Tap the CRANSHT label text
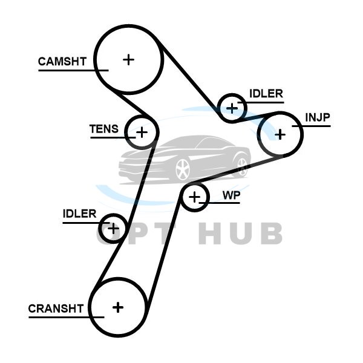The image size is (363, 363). (x=56, y=308)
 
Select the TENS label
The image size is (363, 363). (x=104, y=129)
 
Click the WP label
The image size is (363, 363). (x=231, y=195)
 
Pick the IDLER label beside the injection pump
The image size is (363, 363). (x=266, y=93)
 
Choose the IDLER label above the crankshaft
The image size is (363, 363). (x=79, y=214)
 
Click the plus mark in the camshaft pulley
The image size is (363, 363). (x=128, y=59)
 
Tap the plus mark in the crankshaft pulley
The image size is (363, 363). (x=118, y=307)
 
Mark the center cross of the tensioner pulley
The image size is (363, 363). (x=141, y=131)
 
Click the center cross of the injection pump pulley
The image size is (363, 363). (x=280, y=134)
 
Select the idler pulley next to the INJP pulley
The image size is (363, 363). (x=232, y=108)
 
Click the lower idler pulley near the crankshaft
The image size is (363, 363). (x=113, y=228)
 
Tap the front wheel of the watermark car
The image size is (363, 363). (x=182, y=170)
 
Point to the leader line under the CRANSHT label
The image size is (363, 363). (x=64, y=316)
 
